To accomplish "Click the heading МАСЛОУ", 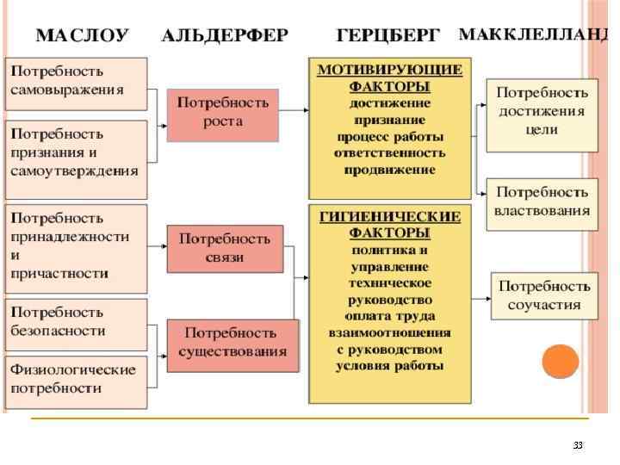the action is click(82, 36).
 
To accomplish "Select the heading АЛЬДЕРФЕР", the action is click(225, 36).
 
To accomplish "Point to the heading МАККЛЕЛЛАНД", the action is click(533, 35).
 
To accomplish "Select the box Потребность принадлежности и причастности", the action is click(77, 246).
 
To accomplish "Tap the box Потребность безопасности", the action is click(77, 323).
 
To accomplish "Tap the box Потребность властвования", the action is click(542, 204).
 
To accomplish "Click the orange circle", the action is click(560, 361).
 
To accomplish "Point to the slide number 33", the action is click(578, 445).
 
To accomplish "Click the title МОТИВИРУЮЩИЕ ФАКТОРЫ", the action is click(390, 78).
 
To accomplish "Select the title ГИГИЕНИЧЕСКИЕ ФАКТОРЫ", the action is click(390, 224).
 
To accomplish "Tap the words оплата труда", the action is click(390, 317).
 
